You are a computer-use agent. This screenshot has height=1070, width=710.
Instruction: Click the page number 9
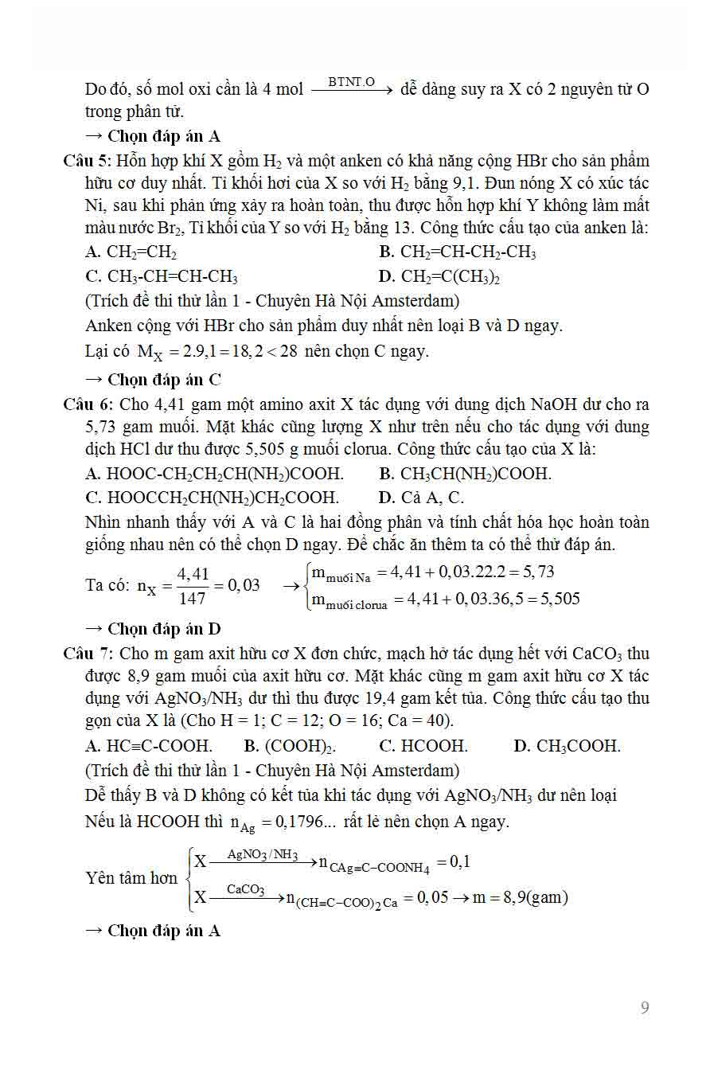[645, 1008]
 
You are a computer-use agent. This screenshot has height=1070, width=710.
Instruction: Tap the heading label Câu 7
[89, 654]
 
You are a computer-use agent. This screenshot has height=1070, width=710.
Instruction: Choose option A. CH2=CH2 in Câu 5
[131, 253]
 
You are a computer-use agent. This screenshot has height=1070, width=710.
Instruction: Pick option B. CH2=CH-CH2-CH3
[458, 253]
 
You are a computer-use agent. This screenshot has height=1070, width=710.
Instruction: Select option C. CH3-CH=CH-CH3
[162, 277]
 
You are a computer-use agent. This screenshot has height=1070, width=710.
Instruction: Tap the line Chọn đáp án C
[153, 379]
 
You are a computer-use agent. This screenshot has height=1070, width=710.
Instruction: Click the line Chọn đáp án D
[153, 629]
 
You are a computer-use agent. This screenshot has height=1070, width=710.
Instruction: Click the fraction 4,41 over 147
[193, 585]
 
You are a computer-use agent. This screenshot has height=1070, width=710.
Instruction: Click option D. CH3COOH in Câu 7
[567, 747]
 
